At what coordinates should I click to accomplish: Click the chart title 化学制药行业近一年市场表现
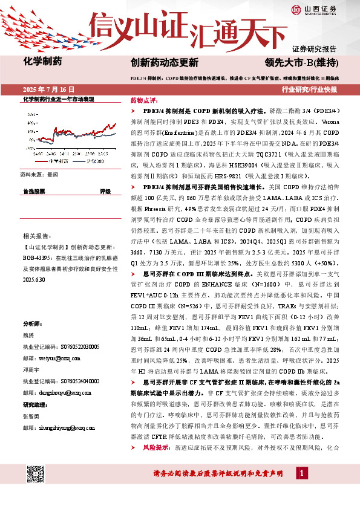[x=58, y=99]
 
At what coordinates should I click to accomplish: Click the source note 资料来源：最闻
[x=39, y=173]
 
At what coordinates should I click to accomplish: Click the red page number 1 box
[x=301, y=473]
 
